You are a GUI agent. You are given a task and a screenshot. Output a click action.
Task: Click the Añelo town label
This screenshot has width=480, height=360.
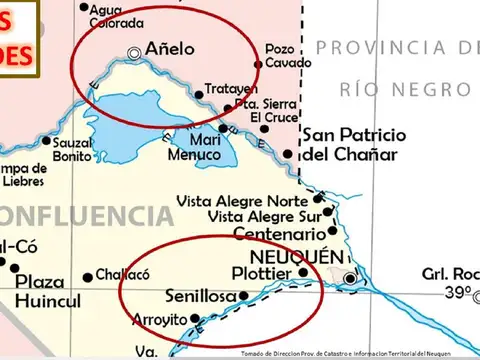pos(170,48)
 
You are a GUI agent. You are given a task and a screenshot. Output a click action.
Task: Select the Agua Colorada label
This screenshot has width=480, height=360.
pos(116,16)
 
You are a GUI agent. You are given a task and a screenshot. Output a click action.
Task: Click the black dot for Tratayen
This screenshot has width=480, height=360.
pos(198,95)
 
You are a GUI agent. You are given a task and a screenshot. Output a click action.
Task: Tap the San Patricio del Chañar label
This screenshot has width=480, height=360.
pos(354,145)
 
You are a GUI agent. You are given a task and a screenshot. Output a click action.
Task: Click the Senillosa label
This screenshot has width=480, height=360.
pos(201,297)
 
